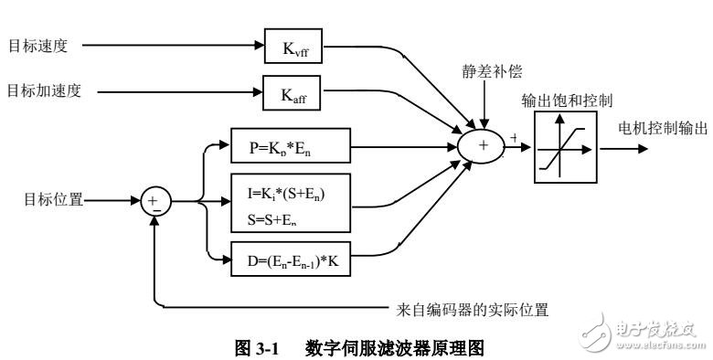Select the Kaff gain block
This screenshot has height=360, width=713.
click(x=293, y=91)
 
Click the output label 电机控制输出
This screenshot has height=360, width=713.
click(x=663, y=127)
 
